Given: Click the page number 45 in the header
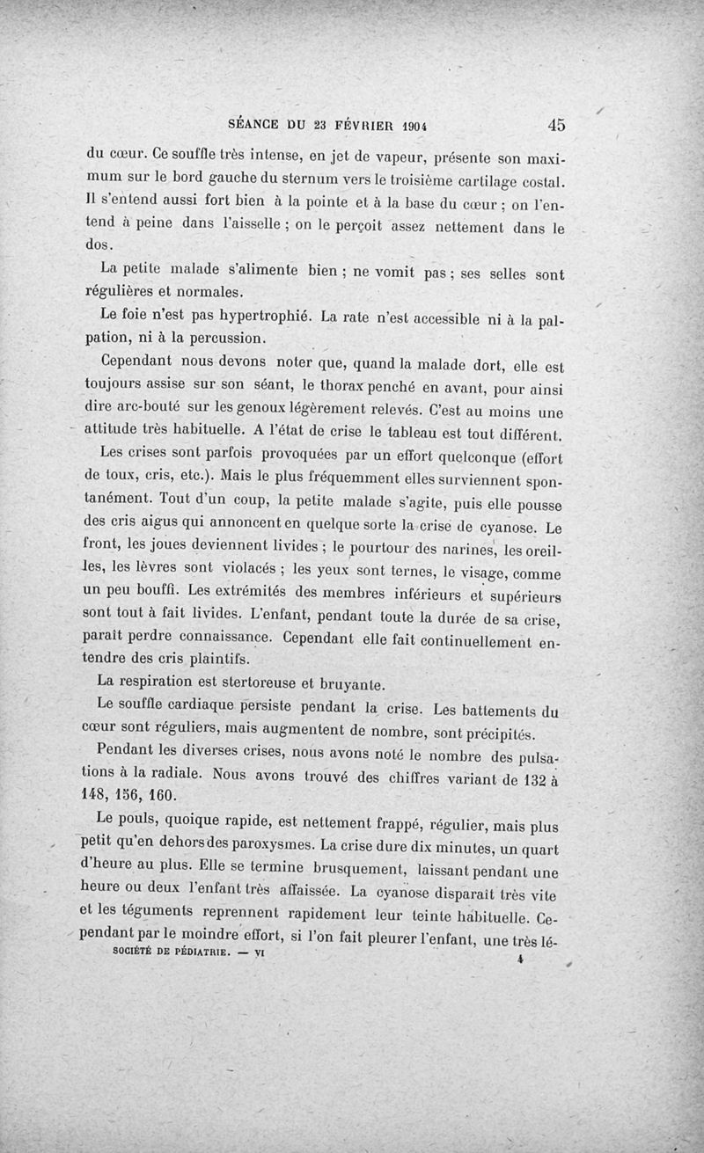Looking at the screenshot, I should click(x=556, y=124).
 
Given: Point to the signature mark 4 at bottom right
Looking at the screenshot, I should click(x=521, y=961).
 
